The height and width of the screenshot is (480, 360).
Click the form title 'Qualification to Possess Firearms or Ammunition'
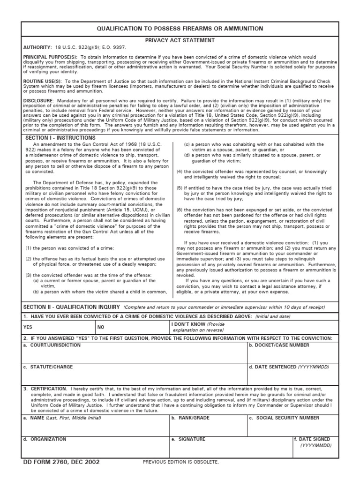click(180, 29)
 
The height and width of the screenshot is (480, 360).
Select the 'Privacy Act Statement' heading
click(180, 41)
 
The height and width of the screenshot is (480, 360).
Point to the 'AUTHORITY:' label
click(37, 48)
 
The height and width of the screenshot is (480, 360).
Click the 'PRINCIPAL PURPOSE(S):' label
click(51, 57)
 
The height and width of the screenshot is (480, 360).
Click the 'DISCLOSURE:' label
click(38, 101)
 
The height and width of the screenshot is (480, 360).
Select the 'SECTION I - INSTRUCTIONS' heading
click(60, 138)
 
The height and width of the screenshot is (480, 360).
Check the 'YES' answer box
click(59, 327)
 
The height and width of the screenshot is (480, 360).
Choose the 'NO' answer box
click(133, 327)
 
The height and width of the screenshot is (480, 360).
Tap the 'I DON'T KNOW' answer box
click(253, 327)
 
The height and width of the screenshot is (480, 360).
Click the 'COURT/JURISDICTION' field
click(134, 355)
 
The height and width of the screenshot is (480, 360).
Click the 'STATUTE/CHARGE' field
click(134, 377)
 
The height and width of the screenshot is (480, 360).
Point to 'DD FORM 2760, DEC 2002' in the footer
click(61, 462)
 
